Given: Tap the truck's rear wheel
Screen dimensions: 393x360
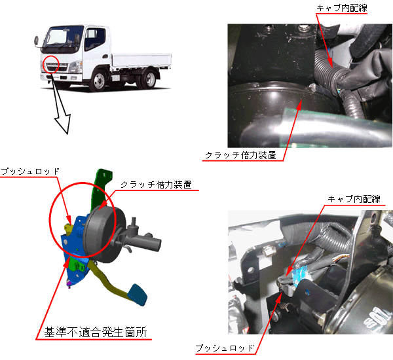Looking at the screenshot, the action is tap(149, 79).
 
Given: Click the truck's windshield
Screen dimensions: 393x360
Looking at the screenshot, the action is tap(58, 37).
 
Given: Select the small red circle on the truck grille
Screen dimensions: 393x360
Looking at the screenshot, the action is tap(51, 64).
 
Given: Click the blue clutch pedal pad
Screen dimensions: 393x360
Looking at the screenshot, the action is tap(137, 295).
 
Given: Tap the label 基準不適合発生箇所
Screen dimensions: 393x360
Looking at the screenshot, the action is tap(96, 332).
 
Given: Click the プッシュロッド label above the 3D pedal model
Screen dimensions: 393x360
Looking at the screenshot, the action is tap(30, 171).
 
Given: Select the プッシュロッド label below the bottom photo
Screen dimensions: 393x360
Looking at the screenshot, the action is tap(225, 348).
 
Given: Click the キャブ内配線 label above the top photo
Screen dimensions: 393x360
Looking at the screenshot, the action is tap(342, 8).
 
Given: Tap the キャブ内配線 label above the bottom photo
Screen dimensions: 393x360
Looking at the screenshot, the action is tap(354, 199).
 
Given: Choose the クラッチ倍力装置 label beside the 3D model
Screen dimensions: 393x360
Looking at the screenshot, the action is tap(156, 185).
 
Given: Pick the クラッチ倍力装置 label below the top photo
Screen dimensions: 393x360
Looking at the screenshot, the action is tap(240, 155).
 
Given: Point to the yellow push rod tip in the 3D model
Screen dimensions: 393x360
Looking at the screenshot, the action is tap(67, 228).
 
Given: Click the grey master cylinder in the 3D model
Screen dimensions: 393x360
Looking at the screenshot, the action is tap(143, 241).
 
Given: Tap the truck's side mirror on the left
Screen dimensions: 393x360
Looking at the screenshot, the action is tap(37, 42).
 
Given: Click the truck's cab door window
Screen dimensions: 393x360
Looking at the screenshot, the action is tap(95, 38).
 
